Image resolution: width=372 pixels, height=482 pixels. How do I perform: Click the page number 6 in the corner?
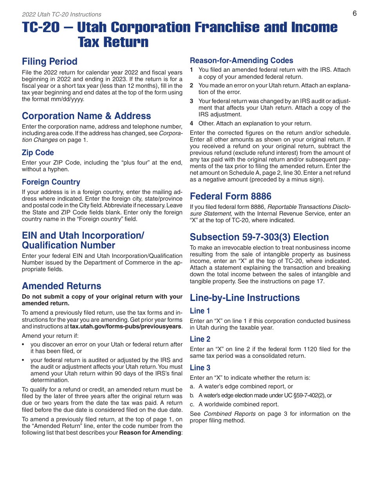pos(354,13)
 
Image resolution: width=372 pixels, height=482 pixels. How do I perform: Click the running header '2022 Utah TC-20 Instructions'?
pos(61,14)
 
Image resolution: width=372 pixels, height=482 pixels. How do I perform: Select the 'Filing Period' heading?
pos(50,62)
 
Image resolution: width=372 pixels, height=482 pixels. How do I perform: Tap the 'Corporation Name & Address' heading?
pos(86,116)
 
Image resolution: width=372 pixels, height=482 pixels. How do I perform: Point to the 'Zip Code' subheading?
pos(38,153)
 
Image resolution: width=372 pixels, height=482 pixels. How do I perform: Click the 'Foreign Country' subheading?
pos(51,182)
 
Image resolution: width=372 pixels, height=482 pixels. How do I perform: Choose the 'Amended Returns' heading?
pos(61,286)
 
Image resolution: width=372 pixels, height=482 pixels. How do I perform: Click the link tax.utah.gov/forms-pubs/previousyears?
pos(125,326)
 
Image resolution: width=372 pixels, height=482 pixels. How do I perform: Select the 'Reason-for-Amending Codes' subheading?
pos(241,61)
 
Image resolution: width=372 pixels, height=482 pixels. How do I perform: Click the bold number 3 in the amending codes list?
pos(191,101)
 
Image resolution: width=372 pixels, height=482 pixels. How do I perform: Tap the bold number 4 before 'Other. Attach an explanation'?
pos(191,123)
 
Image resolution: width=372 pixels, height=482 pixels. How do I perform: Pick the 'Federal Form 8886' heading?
pos(230,196)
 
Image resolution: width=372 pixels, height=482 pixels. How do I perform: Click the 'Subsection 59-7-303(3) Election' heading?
pos(259,237)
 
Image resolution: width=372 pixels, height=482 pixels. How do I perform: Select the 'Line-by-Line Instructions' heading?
pos(245,298)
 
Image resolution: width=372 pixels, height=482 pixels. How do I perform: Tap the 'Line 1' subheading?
pos(200,311)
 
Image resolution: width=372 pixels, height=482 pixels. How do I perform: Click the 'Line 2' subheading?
pos(200,339)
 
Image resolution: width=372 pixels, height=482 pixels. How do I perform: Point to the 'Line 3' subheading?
pos(200,368)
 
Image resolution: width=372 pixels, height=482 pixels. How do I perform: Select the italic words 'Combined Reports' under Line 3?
pos(229,414)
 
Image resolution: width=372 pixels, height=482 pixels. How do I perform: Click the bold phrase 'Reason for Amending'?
pos(150,433)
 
